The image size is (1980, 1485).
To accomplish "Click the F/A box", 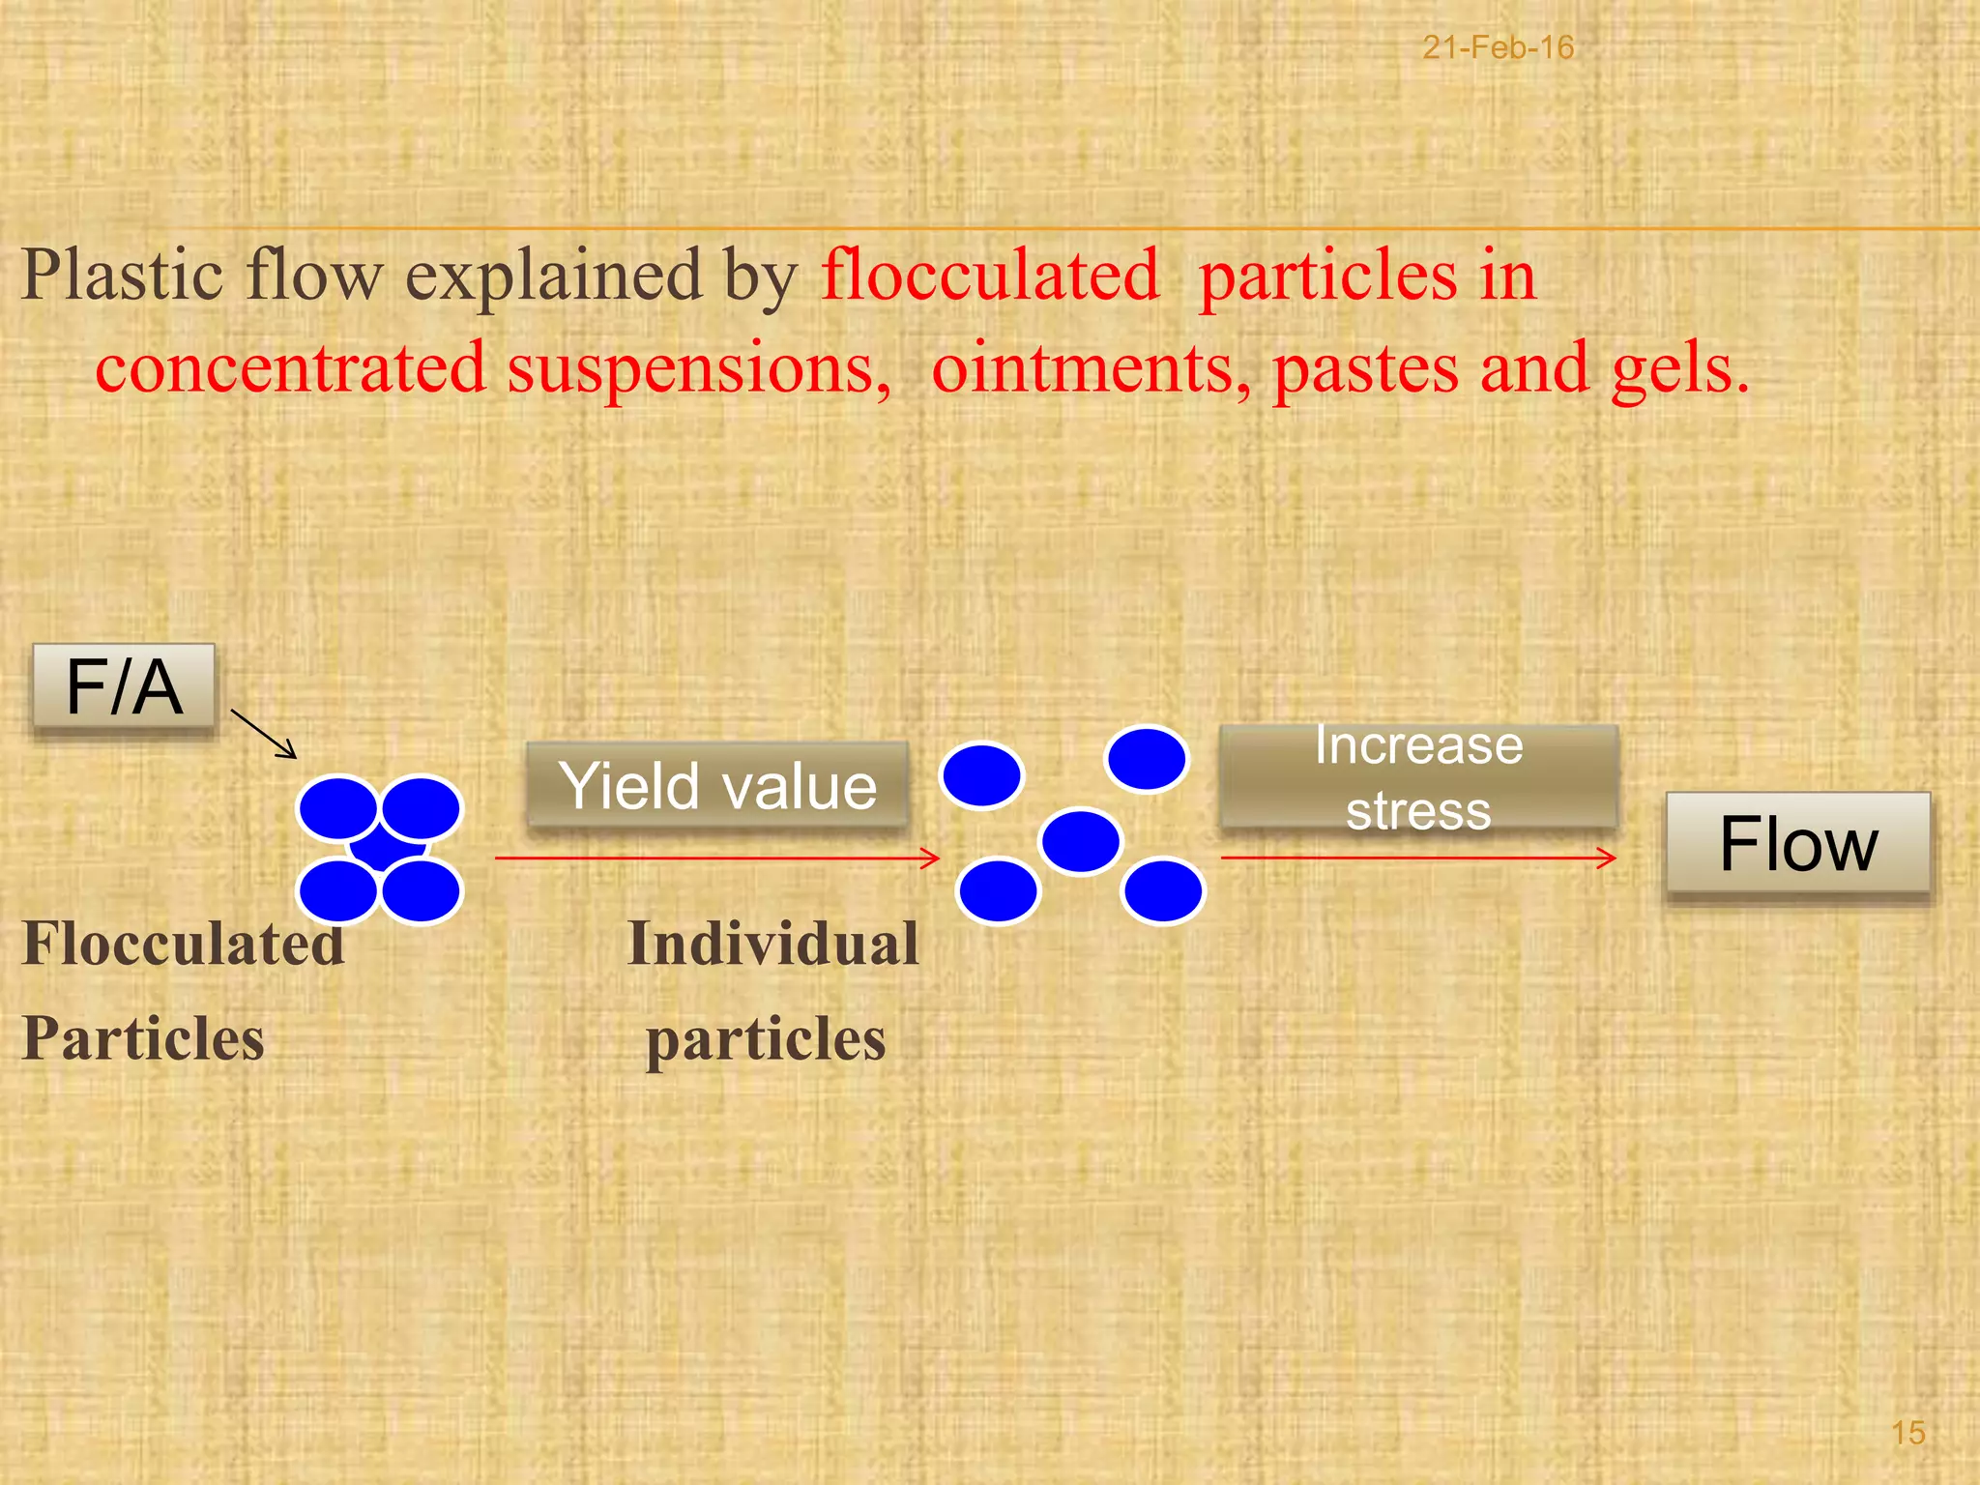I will tap(124, 686).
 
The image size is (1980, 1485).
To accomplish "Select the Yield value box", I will tap(717, 784).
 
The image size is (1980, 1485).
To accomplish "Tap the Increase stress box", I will tap(1418, 777).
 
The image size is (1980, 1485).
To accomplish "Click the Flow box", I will tap(1797, 843).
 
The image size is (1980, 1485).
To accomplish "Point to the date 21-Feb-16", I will tap(1498, 47).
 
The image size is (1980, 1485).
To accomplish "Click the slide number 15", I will tap(1907, 1433).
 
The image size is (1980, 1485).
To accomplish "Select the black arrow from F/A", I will tap(263, 734).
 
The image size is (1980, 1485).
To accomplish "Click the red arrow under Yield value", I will tap(716, 858).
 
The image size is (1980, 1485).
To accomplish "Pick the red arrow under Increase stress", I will tap(1417, 858).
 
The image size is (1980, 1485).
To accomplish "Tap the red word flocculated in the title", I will tap(990, 276).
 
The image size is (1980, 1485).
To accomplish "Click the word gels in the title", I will tap(1679, 368).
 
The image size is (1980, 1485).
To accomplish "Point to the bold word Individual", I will tap(772, 944).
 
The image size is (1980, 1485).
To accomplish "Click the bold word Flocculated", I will tap(183, 944).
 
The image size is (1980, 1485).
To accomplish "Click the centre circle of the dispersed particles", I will tap(1081, 841).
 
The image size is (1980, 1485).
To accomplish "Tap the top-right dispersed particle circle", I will tap(1147, 759).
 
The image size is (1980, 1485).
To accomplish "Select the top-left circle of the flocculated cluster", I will tap(338, 808).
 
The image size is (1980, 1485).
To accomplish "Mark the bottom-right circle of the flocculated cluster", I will tap(421, 891).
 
